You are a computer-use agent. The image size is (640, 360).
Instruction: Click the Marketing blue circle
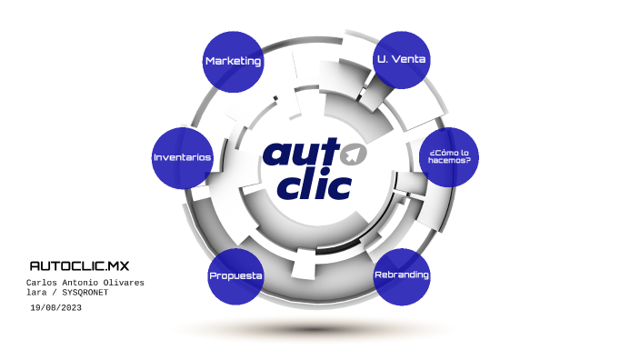point(234,61)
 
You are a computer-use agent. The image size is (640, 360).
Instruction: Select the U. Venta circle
point(402,59)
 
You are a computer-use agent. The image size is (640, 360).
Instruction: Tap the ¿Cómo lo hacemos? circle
point(449,155)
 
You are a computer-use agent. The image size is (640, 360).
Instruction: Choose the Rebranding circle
point(401,275)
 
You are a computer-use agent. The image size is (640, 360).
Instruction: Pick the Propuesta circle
point(235,275)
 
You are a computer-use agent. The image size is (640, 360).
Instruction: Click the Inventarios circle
point(182,157)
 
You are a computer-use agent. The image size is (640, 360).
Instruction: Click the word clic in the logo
point(315,185)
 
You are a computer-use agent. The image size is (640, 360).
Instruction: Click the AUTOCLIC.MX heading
point(80,266)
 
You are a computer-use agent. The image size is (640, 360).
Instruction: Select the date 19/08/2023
point(56,309)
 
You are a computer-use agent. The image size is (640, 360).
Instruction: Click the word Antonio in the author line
point(84,283)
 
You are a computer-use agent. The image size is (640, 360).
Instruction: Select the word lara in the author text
point(36,294)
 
